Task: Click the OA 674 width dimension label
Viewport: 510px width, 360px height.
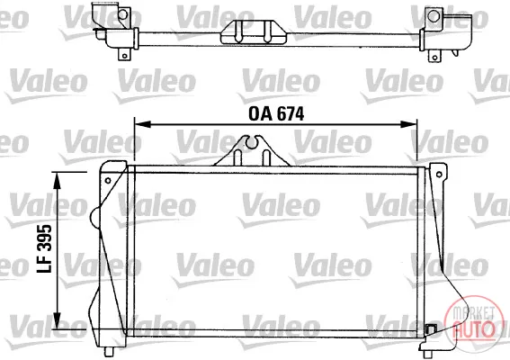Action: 276,114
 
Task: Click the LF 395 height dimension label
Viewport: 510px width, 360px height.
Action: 45,248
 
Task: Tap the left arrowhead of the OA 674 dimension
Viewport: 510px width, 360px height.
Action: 142,124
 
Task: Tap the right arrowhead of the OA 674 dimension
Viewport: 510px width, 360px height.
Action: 408,124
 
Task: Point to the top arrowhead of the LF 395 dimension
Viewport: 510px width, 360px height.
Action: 57,181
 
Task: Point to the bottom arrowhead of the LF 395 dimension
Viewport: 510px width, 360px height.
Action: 57,320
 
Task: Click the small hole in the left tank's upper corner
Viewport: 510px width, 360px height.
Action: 108,180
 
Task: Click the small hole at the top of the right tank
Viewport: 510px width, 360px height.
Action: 439,175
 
